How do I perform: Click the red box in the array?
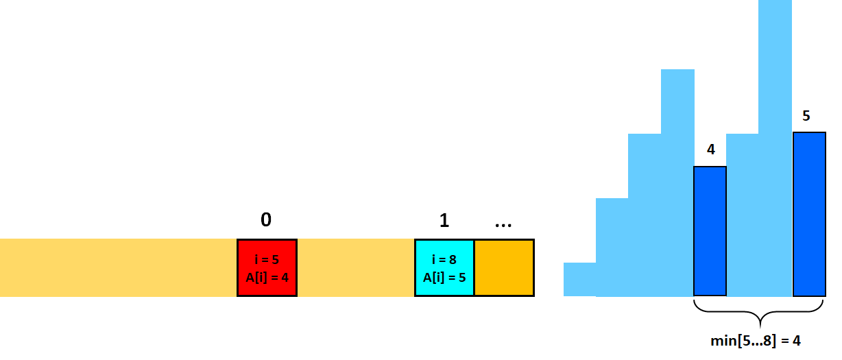pos(267,267)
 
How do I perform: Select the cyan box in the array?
pos(444,267)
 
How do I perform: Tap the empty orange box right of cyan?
pos(504,267)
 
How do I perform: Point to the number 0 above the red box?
pos(266,219)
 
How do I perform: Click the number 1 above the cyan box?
pos(444,220)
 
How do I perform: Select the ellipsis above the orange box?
pos(503,225)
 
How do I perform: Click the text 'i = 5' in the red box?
pos(267,259)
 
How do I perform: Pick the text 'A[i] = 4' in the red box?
pos(267,277)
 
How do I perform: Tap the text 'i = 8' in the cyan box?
pos(444,259)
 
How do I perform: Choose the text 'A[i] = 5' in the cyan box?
pos(444,277)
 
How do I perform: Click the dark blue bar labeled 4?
pos(710,231)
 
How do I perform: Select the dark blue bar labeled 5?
pos(809,214)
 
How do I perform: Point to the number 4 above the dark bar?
pos(710,149)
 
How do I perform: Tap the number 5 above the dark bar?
pos(806,116)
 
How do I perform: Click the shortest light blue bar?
pos(579,279)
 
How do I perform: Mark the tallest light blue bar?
pos(775,148)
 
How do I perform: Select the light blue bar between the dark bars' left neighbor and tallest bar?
pos(743,215)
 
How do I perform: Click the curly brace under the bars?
pos(760,312)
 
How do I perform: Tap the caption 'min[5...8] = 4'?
pos(756,341)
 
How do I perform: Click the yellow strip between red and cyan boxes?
pos(356,267)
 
